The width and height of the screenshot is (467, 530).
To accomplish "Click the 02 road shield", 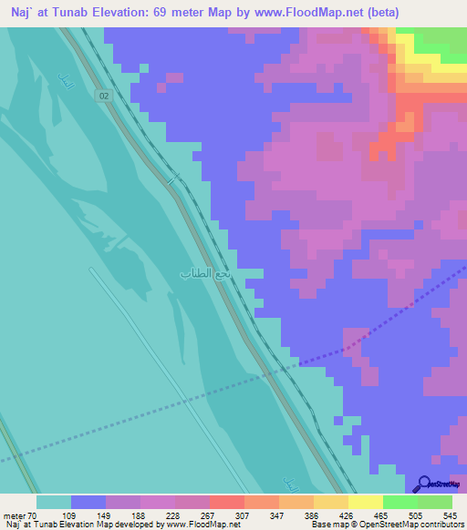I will (x=105, y=96).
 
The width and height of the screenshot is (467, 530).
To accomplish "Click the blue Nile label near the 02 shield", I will (x=63, y=80).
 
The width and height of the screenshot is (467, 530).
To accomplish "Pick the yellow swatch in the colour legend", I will (x=365, y=502).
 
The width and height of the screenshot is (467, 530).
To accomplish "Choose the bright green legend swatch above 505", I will (x=400, y=502).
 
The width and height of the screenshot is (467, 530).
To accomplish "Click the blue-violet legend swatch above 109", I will (x=88, y=502).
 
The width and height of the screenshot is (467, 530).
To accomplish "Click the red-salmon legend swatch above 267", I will (x=226, y=502).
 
